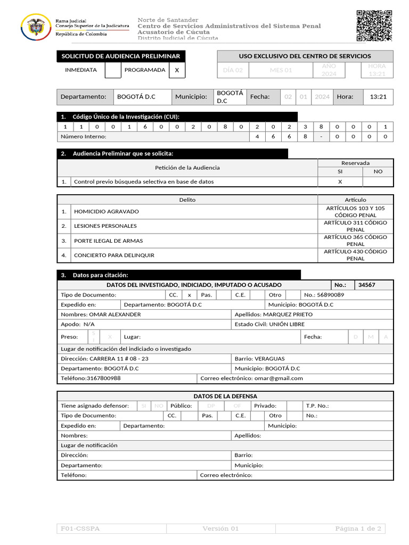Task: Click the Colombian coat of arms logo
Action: pyautogui.click(x=36, y=27)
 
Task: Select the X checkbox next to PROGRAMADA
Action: pyautogui.click(x=177, y=70)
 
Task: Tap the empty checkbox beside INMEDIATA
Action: pyautogui.click(x=113, y=70)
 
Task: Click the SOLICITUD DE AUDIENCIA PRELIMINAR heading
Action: pyautogui.click(x=121, y=56)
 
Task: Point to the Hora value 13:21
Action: pyautogui.click(x=378, y=97)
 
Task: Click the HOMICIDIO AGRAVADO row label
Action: pyautogui.click(x=106, y=211)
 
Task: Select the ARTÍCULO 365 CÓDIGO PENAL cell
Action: pyautogui.click(x=355, y=241)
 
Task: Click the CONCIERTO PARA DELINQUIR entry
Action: pyautogui.click(x=114, y=255)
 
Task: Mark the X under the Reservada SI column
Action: pyautogui.click(x=340, y=181)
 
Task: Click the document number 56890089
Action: pyautogui.click(x=330, y=295)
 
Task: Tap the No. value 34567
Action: pyautogui.click(x=366, y=285)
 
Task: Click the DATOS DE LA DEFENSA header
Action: pyautogui.click(x=225, y=396)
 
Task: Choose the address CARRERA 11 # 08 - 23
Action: pyautogui.click(x=119, y=359)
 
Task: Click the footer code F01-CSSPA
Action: pyautogui.click(x=80, y=529)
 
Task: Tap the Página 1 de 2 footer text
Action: pyautogui.click(x=358, y=529)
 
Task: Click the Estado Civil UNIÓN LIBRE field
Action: pyautogui.click(x=287, y=324)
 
